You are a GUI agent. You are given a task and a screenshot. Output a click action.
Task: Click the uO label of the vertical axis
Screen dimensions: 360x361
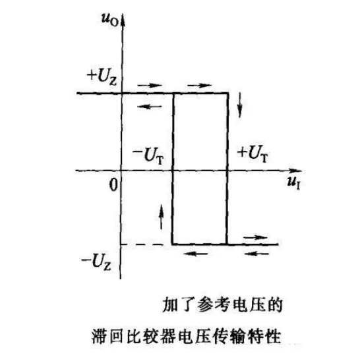(110, 20)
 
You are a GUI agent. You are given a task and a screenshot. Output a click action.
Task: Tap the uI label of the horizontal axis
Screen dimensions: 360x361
(294, 184)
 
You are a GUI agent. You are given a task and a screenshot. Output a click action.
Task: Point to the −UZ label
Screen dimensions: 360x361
(96, 262)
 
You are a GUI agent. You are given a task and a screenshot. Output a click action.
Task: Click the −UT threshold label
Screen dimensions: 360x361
(148, 156)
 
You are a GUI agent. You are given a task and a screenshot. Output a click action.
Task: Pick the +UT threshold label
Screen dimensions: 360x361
(253, 153)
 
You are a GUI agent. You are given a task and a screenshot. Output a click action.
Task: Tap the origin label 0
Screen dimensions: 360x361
(113, 184)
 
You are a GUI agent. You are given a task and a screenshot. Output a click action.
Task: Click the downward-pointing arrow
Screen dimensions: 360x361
(240, 105)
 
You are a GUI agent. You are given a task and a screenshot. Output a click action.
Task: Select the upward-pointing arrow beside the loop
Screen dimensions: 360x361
(162, 217)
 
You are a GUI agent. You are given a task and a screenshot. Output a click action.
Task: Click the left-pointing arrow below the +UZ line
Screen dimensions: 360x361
(150, 106)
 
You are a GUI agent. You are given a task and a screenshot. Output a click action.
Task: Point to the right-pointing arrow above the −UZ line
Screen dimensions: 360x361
(255, 237)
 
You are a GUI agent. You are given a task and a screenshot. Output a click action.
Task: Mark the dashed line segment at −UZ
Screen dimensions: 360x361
(142, 244)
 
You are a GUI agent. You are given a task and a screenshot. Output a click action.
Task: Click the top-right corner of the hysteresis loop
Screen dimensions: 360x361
(228, 93)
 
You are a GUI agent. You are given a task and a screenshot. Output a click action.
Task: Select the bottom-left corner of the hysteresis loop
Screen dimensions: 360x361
(172, 244)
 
